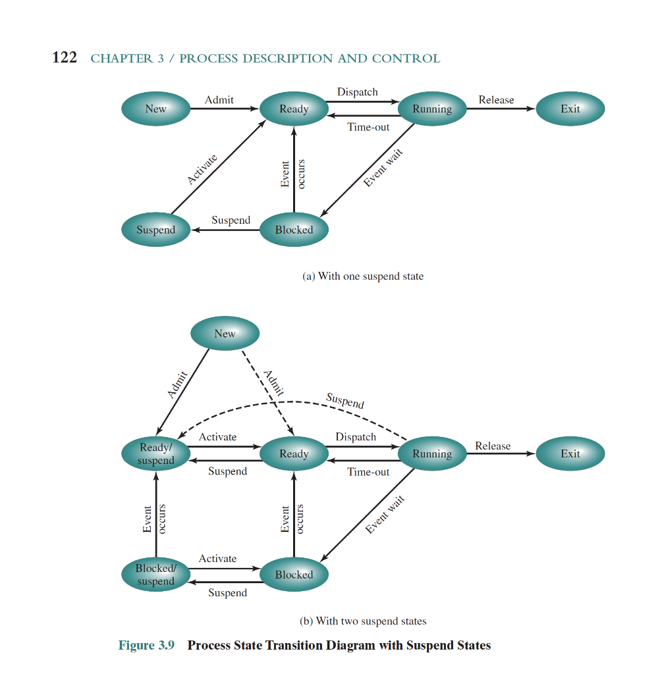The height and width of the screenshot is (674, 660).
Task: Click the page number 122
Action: click(64, 58)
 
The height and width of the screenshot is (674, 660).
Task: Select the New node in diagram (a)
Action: click(156, 109)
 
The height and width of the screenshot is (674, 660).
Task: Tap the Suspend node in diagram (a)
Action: click(156, 230)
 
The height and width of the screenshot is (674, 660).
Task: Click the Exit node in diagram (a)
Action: click(570, 109)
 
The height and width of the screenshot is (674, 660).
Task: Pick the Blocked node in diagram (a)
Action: click(294, 230)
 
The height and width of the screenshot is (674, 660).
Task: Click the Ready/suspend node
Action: click(156, 454)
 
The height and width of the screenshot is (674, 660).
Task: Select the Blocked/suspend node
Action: click(156, 575)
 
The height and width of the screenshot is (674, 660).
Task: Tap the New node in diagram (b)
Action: click(225, 334)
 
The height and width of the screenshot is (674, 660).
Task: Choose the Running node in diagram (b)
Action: click(432, 454)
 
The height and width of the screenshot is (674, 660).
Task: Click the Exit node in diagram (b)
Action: click(570, 454)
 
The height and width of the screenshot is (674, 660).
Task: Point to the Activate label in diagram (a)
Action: click(202, 168)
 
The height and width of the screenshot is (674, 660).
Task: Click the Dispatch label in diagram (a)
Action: click(357, 92)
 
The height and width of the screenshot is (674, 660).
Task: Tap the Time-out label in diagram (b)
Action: click(368, 472)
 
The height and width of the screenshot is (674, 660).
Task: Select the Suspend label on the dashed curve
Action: click(345, 401)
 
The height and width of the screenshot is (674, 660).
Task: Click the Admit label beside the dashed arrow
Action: click(273, 382)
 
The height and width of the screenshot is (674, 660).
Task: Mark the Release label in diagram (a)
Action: click(496, 100)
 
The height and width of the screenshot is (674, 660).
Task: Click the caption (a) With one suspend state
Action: click(363, 276)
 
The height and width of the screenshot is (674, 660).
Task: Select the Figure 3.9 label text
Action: click(146, 645)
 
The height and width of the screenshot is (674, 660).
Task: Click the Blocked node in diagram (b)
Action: click(294, 575)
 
